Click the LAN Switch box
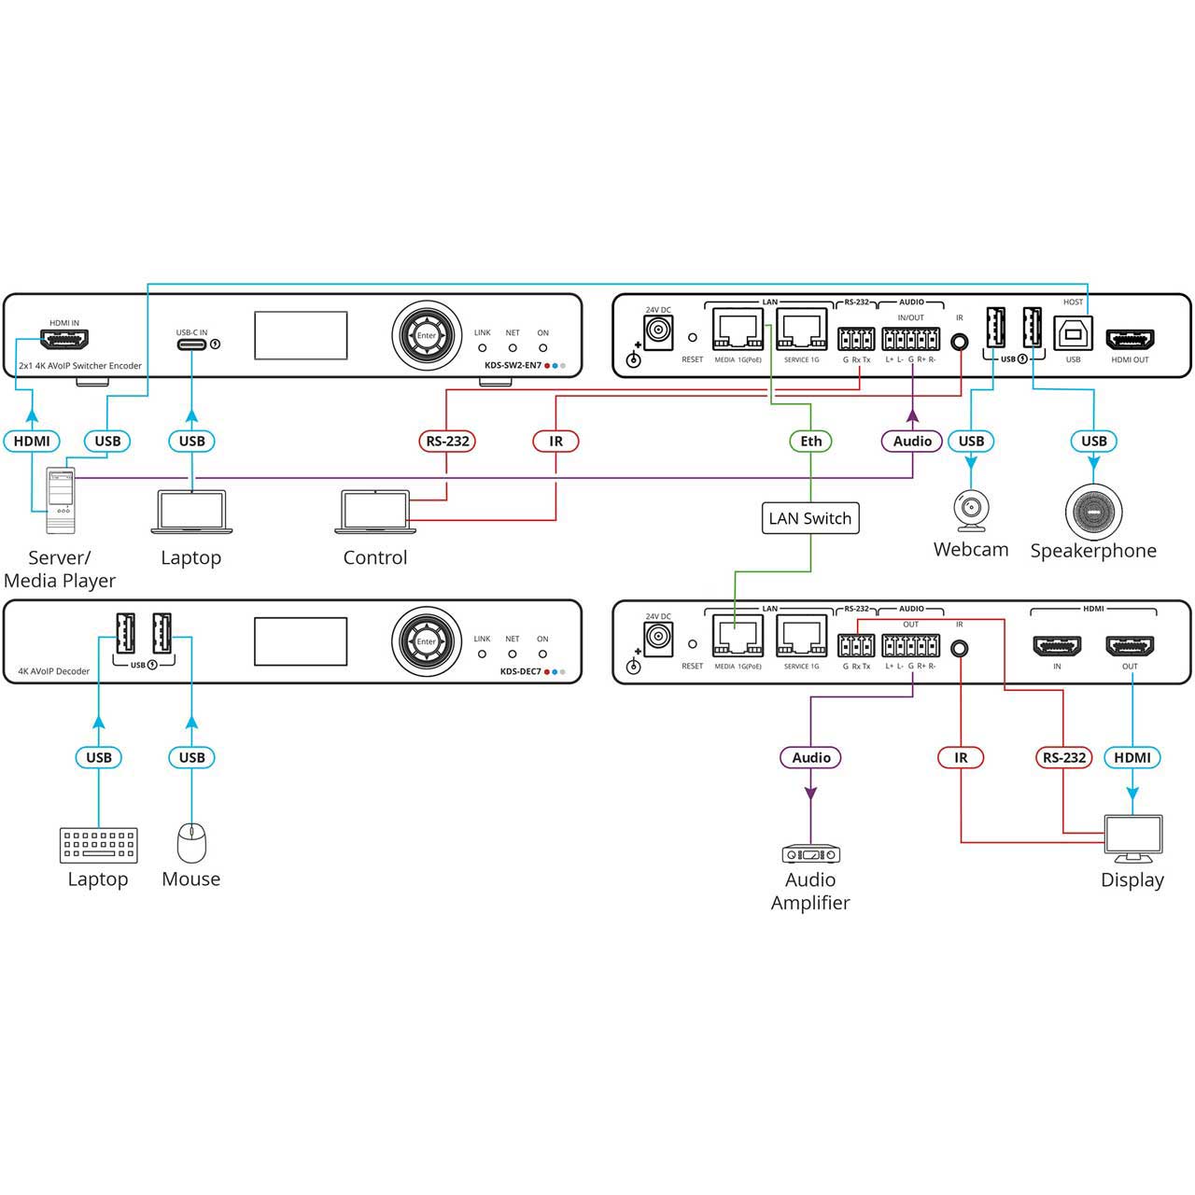point(810,518)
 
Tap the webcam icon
point(971,511)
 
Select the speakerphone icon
point(1093,512)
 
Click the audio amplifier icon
point(810,854)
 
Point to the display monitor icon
point(1133,838)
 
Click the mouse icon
point(191,843)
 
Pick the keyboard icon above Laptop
point(99,845)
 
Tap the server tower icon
point(61,500)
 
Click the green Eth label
point(810,441)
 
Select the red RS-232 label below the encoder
point(446,441)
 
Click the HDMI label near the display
point(1132,757)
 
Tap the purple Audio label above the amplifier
point(810,757)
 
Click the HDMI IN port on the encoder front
point(64,339)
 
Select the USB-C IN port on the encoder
point(191,344)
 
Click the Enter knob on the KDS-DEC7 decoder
point(427,641)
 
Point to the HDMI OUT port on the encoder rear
point(1131,339)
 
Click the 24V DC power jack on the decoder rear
point(658,637)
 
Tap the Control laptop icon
point(375,512)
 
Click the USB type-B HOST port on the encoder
point(1073,333)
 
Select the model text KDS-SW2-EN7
point(513,365)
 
